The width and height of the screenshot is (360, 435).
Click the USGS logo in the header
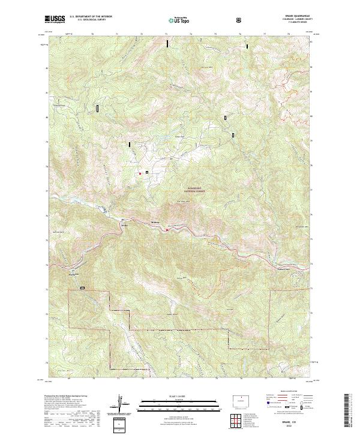55,20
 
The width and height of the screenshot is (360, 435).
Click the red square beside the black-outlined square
140,173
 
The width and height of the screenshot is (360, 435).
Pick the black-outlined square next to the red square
146,173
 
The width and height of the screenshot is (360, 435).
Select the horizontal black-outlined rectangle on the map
83,288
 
